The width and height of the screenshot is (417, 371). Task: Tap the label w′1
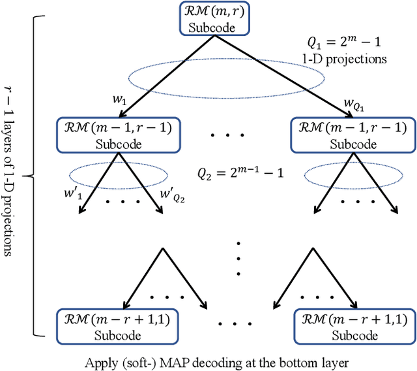[68, 195]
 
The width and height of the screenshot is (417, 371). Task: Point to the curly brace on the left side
[29, 174]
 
